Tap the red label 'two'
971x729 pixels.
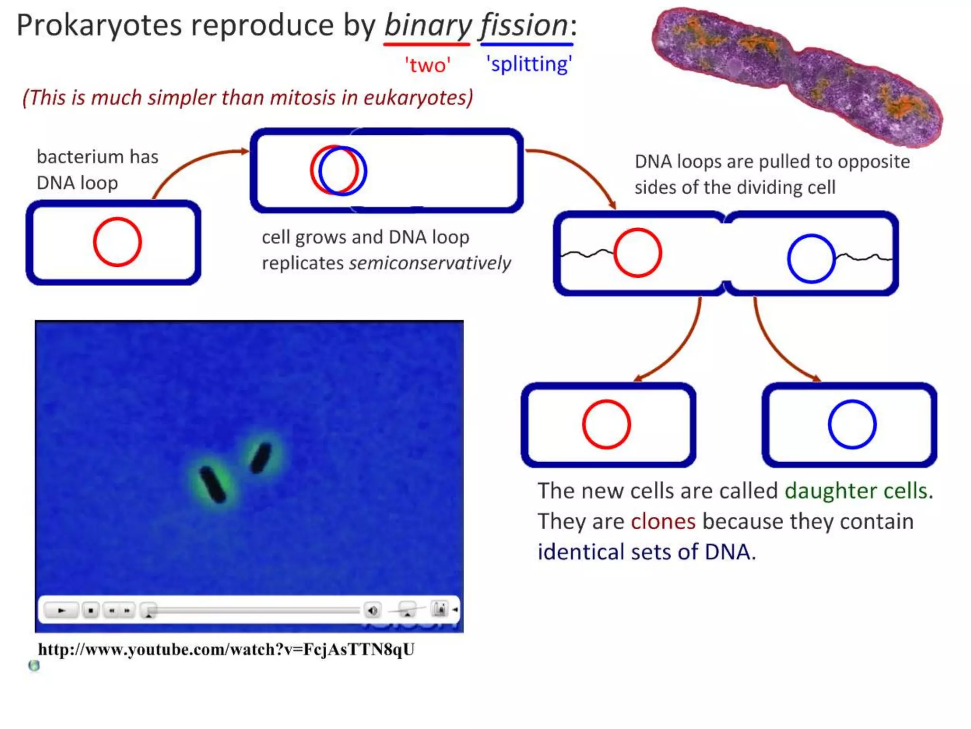(427, 65)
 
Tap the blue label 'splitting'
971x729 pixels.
(529, 64)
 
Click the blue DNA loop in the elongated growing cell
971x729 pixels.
(366, 171)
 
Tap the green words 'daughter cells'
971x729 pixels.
(856, 491)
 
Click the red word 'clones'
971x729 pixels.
(663, 522)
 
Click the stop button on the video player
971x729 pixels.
(91, 610)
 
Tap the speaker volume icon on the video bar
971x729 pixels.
(373, 610)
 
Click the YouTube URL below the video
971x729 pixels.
(226, 649)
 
